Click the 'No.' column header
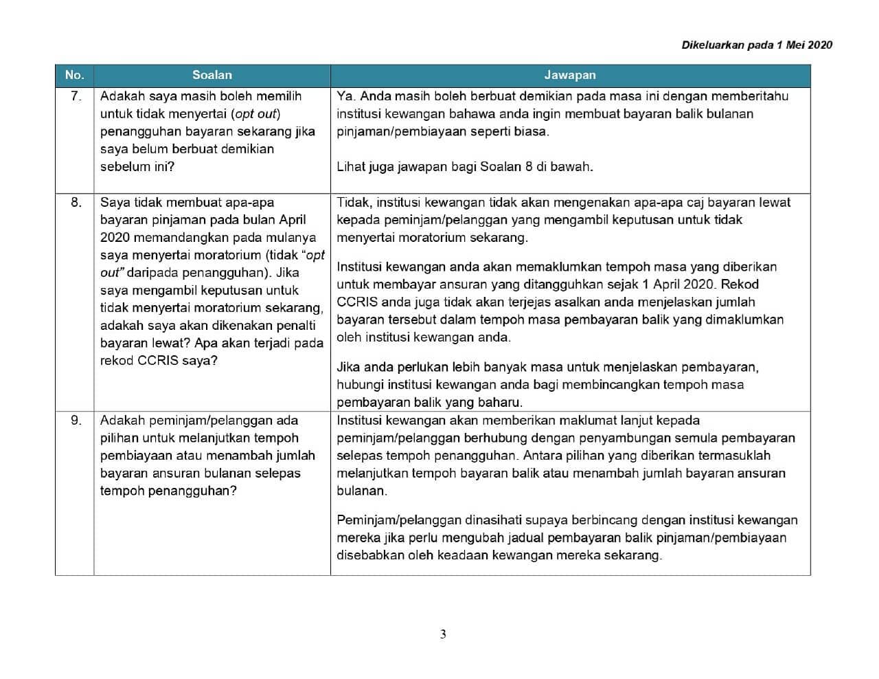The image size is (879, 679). tap(74, 75)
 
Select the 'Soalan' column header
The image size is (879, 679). tap(212, 75)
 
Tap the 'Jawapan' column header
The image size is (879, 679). tap(570, 75)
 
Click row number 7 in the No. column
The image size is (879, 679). tap(76, 96)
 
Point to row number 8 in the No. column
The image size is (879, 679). tap(76, 202)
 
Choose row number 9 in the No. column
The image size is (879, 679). tap(76, 420)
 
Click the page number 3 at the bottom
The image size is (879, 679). tap(443, 634)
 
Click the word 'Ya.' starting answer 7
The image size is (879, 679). tap(346, 96)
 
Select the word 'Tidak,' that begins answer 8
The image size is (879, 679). tap(354, 202)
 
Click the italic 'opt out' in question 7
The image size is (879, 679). tap(255, 113)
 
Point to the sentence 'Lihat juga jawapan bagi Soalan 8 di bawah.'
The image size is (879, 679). tap(465, 166)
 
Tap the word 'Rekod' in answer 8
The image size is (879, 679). tap(741, 284)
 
